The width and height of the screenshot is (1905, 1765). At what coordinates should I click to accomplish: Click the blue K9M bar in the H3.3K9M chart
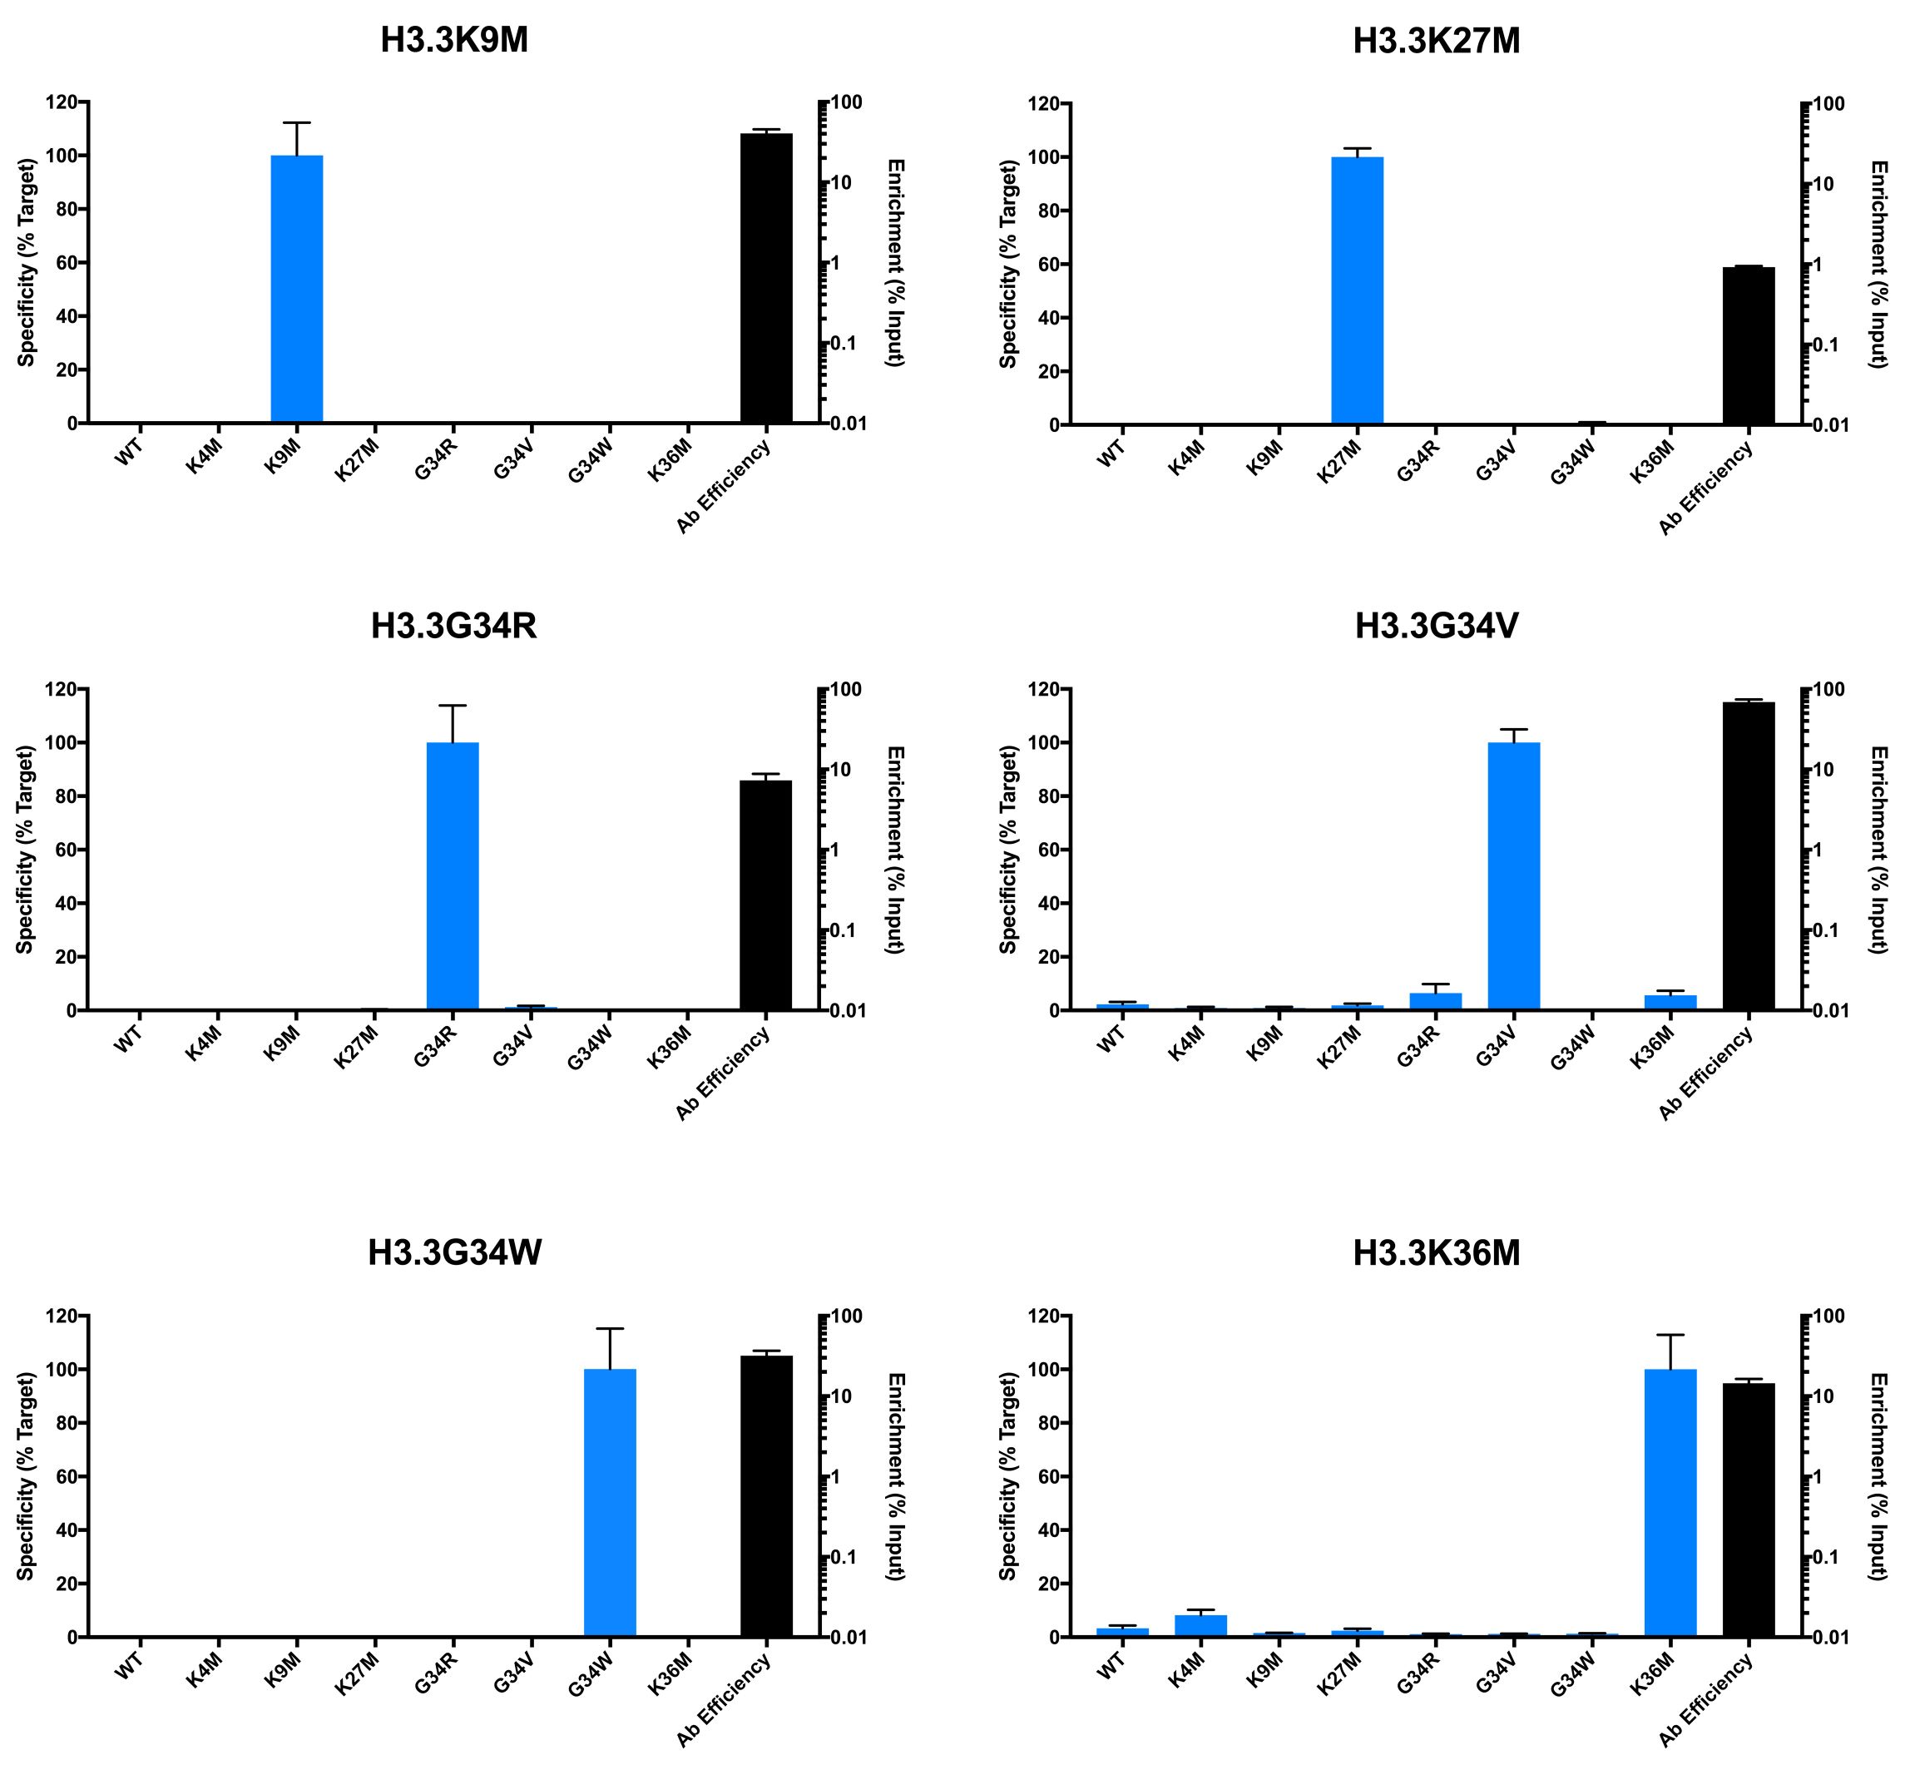click(297, 289)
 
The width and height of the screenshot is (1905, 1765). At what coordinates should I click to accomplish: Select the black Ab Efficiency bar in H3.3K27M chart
click(1748, 345)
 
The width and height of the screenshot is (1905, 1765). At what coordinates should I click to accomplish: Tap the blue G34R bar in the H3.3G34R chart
click(453, 875)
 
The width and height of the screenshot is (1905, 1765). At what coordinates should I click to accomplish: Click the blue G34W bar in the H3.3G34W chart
click(609, 1502)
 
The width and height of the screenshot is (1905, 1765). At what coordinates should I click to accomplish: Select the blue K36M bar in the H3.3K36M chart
click(1670, 1502)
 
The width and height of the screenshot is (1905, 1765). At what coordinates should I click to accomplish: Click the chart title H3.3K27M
click(1436, 42)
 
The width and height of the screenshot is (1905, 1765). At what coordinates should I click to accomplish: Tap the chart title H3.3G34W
click(454, 1252)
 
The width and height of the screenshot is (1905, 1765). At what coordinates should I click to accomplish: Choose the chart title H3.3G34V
click(1436, 627)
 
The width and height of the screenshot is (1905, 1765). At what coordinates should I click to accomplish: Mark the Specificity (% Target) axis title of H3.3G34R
click(26, 849)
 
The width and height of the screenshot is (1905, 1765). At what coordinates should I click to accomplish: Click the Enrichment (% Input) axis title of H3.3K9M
click(896, 263)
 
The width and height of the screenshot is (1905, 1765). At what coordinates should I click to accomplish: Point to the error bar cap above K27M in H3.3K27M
click(1357, 149)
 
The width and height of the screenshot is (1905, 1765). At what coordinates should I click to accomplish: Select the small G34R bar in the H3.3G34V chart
click(1435, 1001)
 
